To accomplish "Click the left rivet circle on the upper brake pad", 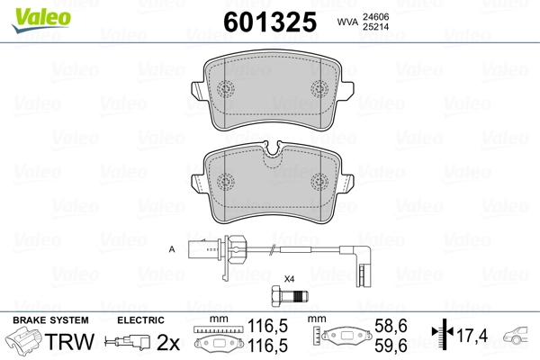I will pyautogui.click(x=225, y=90).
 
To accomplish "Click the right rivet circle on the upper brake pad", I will pyautogui.click(x=318, y=90).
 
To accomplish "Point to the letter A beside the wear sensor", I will pyautogui.click(x=171, y=247).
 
